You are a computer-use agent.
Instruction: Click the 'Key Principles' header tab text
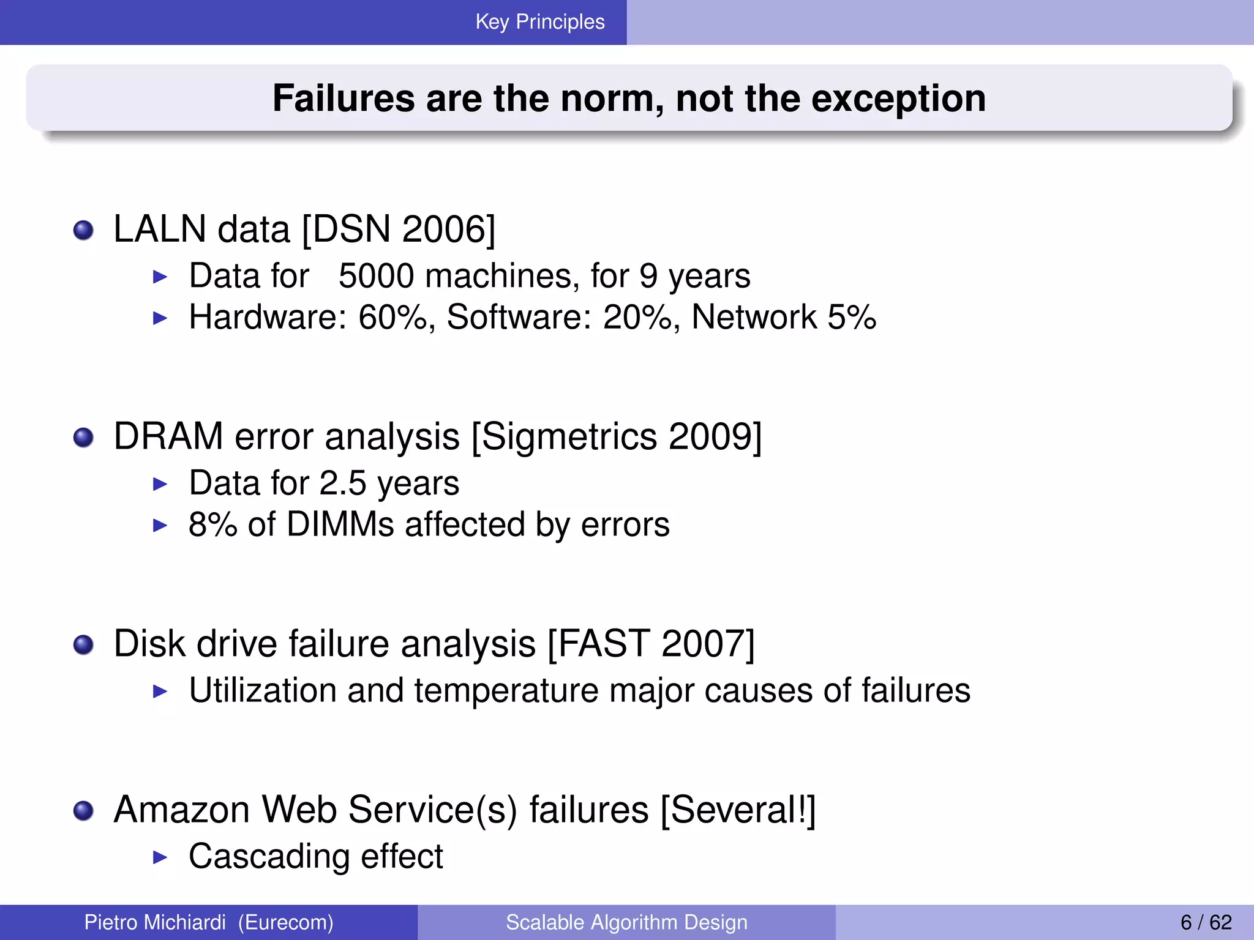[x=539, y=22]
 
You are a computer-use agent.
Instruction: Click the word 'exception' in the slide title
[x=898, y=99]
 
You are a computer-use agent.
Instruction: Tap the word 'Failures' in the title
[x=344, y=99]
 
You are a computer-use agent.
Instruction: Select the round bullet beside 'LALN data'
[x=83, y=231]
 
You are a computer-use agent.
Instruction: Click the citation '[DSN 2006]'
[x=399, y=229]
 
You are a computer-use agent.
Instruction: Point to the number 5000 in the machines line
[x=376, y=276]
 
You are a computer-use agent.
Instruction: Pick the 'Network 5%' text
[x=783, y=317]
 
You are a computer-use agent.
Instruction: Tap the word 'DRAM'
[x=168, y=437]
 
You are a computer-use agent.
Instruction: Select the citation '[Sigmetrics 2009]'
[x=617, y=437]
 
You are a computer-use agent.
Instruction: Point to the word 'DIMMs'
[x=340, y=524]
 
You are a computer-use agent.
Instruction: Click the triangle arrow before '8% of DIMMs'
[x=160, y=525]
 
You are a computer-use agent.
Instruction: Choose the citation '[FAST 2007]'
[x=651, y=644]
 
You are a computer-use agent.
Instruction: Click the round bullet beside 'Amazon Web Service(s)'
[x=83, y=811]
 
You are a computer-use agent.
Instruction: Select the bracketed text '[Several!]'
[x=738, y=810]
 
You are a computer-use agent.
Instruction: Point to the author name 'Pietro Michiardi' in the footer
[x=155, y=922]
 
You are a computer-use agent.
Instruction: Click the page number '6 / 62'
[x=1206, y=922]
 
